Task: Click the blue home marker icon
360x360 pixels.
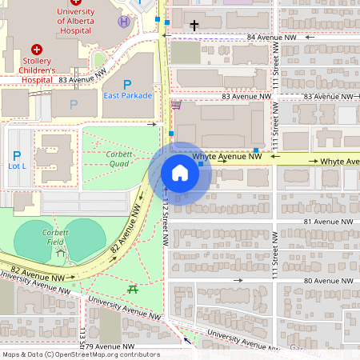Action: click(180, 172)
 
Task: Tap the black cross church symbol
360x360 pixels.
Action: click(194, 26)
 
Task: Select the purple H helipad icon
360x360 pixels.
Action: click(124, 22)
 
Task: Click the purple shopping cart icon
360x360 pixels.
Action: click(176, 105)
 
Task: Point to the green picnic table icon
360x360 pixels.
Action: click(133, 290)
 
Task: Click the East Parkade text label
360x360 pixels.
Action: click(126, 96)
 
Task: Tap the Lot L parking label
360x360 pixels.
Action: click(17, 166)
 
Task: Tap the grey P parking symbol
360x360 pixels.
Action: click(74, 104)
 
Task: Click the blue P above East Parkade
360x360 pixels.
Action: click(126, 84)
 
